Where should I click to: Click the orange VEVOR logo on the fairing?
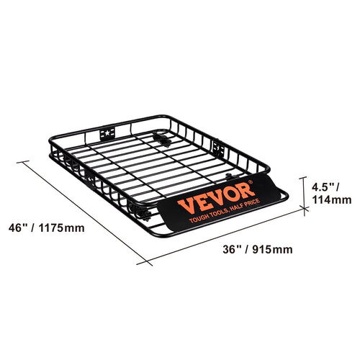click(x=216, y=192)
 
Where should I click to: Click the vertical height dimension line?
click(x=301, y=192)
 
